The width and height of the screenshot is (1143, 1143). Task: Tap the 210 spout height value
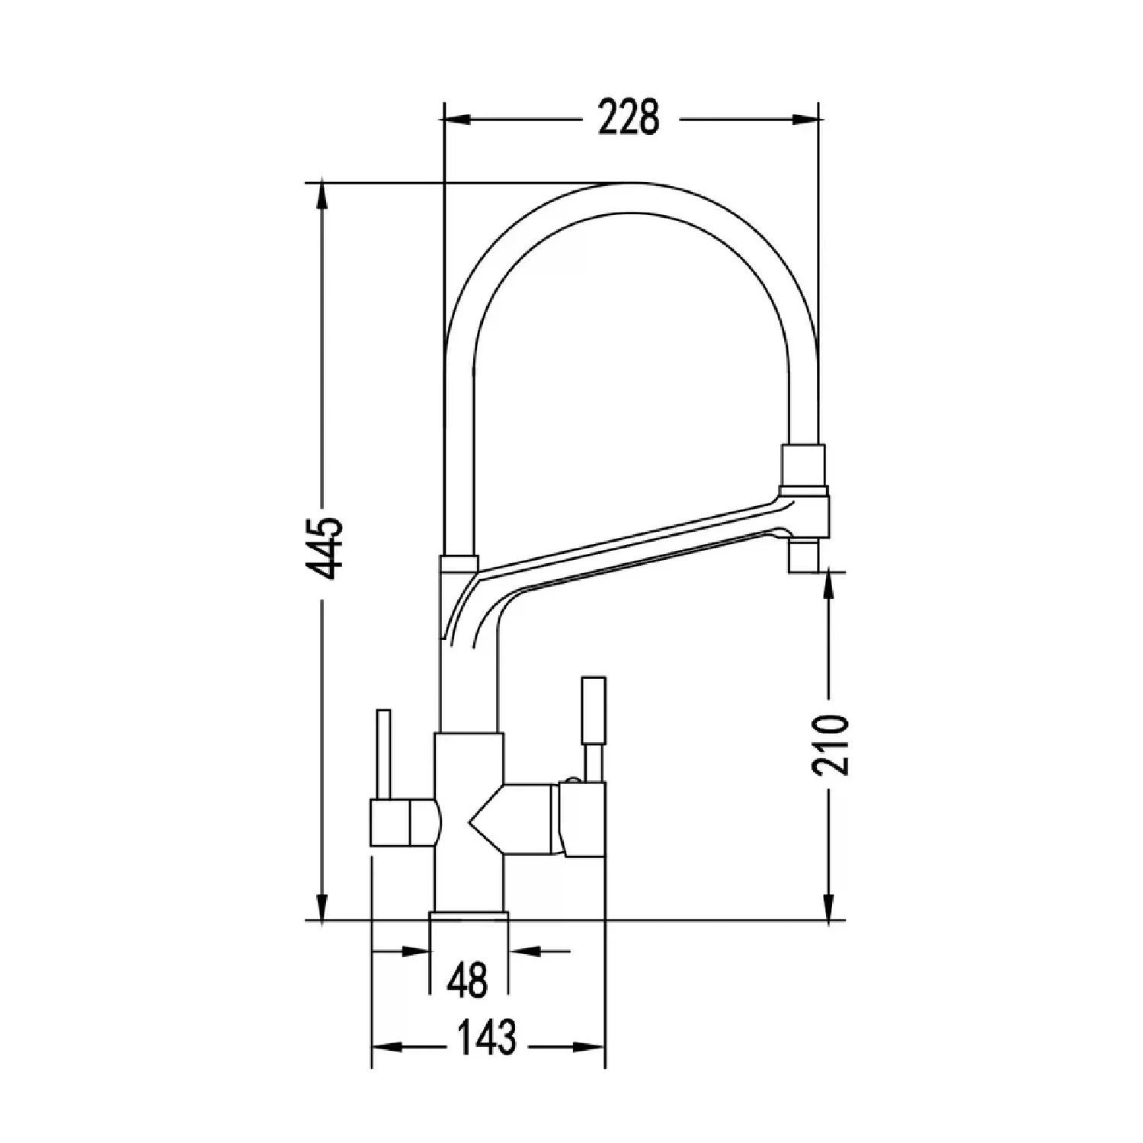(x=828, y=744)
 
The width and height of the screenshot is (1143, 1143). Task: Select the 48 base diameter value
(x=467, y=980)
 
